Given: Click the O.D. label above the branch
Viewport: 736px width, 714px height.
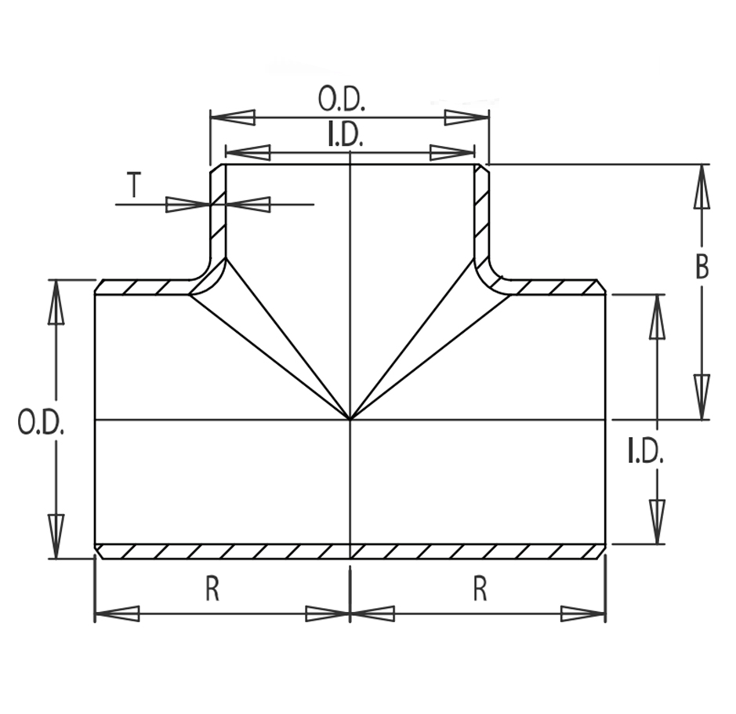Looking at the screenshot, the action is [342, 99].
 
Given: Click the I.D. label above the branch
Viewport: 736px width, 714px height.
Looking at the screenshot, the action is [345, 135].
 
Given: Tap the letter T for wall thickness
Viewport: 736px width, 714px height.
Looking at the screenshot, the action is [134, 184].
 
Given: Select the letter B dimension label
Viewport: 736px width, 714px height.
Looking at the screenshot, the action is [702, 266].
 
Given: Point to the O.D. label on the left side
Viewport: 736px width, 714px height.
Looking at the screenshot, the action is [41, 422].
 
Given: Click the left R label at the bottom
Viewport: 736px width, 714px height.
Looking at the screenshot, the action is [212, 589].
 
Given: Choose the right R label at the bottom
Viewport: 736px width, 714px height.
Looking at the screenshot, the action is [480, 589].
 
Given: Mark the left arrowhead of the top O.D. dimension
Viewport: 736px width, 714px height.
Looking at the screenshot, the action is [234, 118].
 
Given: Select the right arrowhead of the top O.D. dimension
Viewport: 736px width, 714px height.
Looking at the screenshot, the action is [466, 118].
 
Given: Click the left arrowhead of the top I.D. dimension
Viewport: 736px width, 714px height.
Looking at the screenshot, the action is [248, 152].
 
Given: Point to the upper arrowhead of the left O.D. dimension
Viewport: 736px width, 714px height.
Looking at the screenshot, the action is [56, 302].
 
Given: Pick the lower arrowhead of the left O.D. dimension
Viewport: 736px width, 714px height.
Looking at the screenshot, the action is [56, 537].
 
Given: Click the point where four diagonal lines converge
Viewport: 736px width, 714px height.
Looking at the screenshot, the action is [350, 419].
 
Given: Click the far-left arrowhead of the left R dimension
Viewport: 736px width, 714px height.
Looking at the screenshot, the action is [118, 614].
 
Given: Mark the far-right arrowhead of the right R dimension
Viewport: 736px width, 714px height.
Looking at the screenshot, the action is [583, 614].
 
